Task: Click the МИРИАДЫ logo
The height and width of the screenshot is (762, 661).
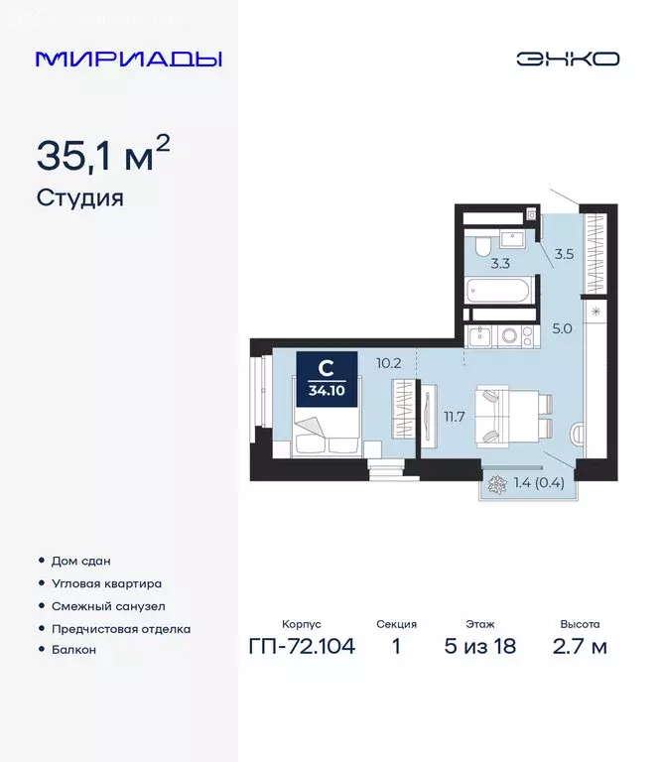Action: click(128, 59)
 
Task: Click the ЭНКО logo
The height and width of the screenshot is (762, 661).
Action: click(567, 59)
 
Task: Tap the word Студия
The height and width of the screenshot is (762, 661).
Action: click(80, 197)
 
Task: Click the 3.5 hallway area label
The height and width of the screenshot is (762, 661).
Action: click(565, 254)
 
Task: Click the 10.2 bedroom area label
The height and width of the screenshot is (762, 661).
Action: click(389, 362)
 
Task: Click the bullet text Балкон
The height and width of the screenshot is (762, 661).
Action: click(73, 649)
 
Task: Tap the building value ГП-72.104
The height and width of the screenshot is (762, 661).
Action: click(301, 648)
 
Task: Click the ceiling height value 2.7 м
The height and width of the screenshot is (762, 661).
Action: click(580, 648)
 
